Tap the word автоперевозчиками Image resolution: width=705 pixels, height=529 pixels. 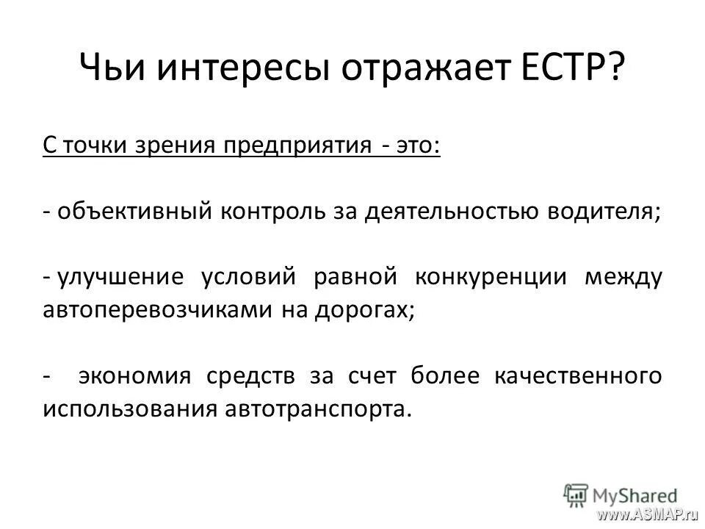[156, 309]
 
